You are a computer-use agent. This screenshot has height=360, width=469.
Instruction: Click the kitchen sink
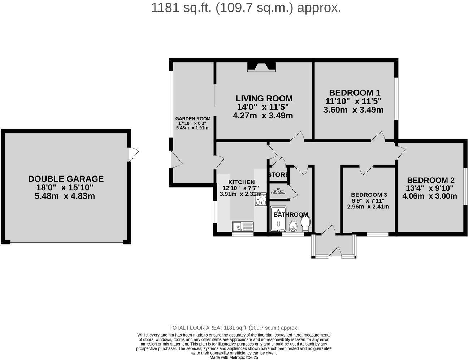click(243, 227)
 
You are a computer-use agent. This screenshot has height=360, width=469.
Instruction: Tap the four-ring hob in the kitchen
click(260, 200)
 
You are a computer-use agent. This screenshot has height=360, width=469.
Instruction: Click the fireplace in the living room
click(262, 67)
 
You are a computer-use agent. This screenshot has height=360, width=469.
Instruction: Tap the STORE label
click(278, 175)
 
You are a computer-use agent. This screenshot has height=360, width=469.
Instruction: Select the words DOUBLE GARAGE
click(66, 179)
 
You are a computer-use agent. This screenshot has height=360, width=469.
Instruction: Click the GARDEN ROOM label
click(193, 119)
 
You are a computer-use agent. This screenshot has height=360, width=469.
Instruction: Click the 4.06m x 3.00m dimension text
click(430, 196)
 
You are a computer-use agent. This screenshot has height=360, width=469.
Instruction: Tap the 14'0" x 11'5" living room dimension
click(263, 107)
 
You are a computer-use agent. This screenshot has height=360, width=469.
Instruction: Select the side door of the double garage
click(133, 154)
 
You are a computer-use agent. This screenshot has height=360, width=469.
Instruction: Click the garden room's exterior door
click(176, 160)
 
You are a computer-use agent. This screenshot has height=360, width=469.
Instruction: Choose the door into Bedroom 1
click(378, 137)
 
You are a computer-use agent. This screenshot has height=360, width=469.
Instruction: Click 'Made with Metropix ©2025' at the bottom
click(234, 357)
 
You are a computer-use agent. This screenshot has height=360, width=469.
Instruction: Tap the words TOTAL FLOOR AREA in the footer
click(195, 328)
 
